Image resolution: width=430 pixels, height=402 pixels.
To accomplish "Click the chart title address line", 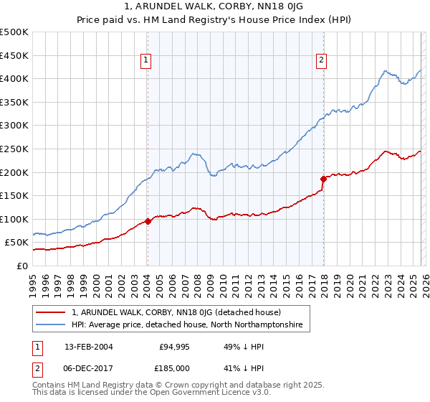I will (x=214, y=8).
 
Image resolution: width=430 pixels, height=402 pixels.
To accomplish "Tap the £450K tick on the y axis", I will (x=14, y=55).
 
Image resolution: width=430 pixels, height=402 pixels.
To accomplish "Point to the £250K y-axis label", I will (x=14, y=149).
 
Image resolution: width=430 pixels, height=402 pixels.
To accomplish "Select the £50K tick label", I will (x=16, y=243).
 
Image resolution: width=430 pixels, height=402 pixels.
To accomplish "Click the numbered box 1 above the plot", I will (x=145, y=61).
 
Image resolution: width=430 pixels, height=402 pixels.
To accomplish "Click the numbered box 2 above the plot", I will (x=321, y=61).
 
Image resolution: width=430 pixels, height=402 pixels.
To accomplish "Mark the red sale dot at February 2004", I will (x=148, y=221).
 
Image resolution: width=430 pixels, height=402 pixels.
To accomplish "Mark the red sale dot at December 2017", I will (x=323, y=179).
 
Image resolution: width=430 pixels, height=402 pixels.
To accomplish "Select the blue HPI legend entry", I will (x=187, y=325).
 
